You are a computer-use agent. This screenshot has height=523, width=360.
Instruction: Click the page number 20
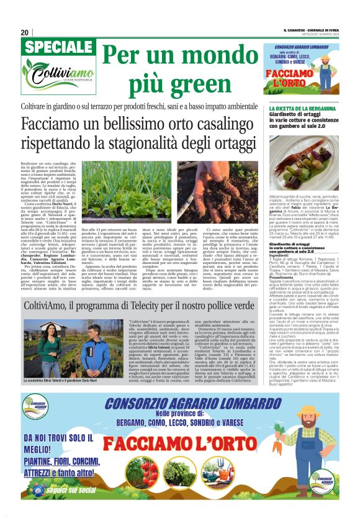click(x=25, y=33)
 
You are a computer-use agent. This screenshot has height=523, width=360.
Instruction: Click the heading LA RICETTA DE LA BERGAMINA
click(x=301, y=109)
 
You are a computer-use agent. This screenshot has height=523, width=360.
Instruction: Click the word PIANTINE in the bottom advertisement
click(x=40, y=462)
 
